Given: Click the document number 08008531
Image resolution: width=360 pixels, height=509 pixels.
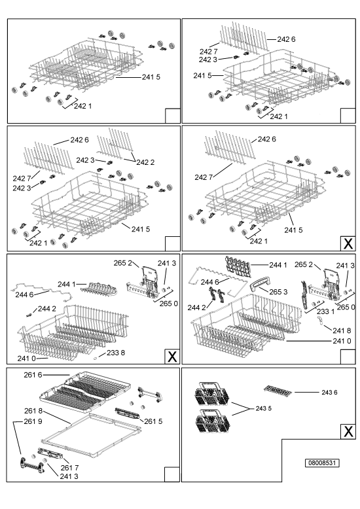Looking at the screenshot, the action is [322, 463].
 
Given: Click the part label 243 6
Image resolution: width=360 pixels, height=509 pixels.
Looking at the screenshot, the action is [329, 393].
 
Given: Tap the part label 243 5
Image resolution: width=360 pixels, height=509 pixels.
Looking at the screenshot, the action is [264, 408].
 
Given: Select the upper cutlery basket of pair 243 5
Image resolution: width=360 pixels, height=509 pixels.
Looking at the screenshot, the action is [212, 393].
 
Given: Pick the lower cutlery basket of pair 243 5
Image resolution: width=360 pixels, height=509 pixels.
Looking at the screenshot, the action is [212, 421].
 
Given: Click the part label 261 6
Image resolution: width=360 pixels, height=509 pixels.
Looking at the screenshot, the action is [33, 375].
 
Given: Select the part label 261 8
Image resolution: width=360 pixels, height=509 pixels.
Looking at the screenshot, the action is [33, 411].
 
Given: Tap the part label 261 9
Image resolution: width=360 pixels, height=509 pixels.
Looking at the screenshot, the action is [33, 421].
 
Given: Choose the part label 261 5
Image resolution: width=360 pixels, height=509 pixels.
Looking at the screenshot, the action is [153, 421].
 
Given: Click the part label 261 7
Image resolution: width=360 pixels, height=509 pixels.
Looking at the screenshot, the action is [69, 468].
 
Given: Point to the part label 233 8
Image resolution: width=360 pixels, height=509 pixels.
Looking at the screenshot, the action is [116, 353].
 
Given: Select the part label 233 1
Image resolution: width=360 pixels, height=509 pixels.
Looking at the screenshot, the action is [325, 311].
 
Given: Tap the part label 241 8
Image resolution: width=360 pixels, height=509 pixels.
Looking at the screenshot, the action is [342, 330].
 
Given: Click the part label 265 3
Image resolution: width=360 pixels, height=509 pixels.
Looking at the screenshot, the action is [278, 292].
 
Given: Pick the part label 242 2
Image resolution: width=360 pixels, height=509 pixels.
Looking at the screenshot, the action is [145, 162].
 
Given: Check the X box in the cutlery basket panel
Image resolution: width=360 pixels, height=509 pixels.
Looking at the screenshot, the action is [348, 431].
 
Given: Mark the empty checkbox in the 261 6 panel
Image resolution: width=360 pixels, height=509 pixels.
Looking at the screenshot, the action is [172, 474].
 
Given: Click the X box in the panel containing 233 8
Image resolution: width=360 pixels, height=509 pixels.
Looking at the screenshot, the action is [172, 357].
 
